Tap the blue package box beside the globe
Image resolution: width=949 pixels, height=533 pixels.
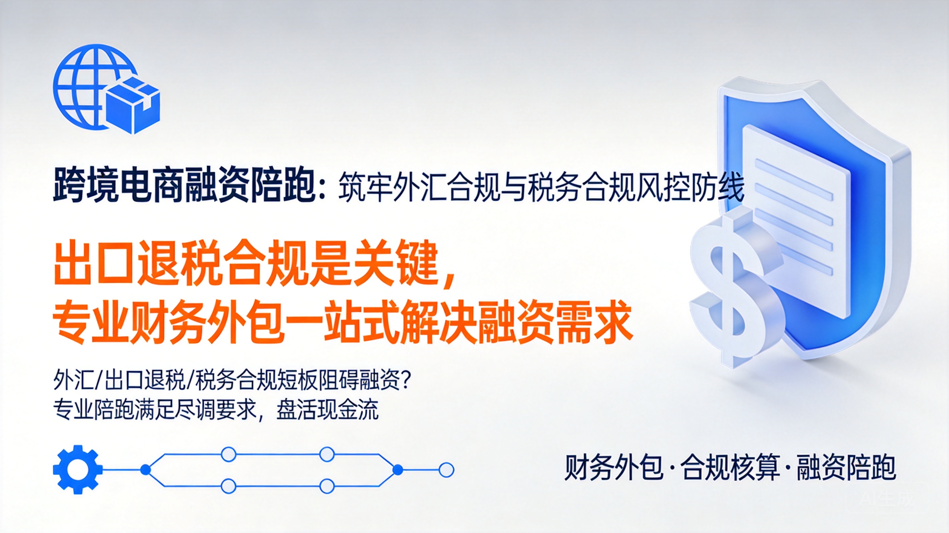point(133,105)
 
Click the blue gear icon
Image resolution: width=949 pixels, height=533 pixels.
point(78,470)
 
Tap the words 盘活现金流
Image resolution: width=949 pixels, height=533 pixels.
point(328,410)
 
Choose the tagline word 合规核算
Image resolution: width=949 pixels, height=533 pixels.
point(730,467)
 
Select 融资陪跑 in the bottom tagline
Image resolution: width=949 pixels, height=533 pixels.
point(846,467)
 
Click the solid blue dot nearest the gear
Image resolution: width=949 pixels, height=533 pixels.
point(146,470)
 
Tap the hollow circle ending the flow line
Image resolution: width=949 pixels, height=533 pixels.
point(447,470)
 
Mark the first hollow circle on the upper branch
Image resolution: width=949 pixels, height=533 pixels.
point(228,454)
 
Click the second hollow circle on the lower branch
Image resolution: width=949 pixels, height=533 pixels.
point(327,486)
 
